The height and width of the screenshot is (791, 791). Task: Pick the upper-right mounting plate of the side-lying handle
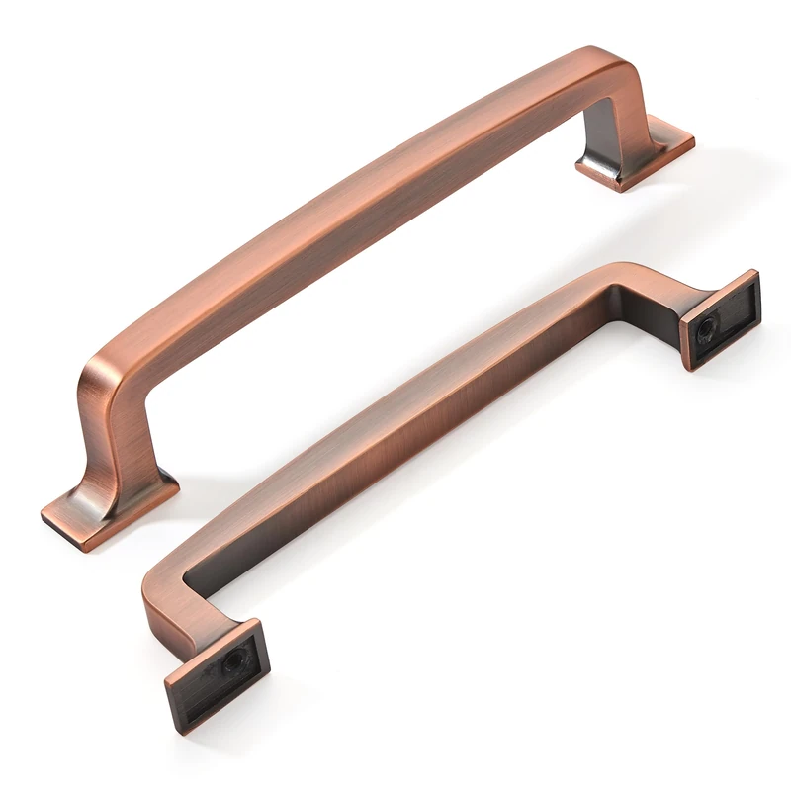pyautogui.click(x=721, y=319)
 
